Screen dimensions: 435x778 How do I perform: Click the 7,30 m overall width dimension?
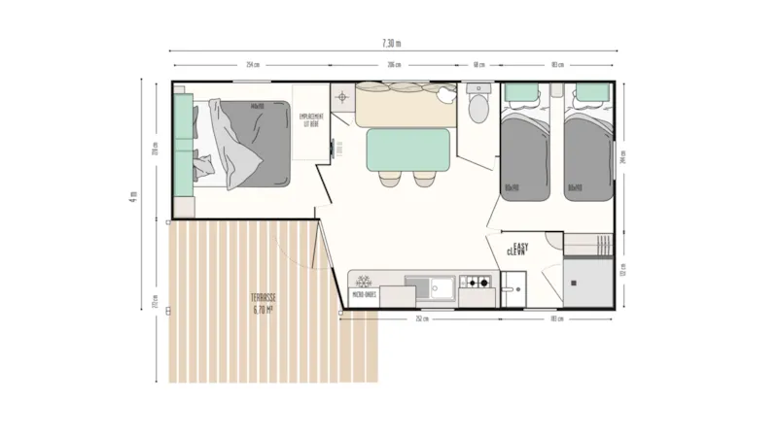[391, 44]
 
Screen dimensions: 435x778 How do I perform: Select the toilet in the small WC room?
[478, 107]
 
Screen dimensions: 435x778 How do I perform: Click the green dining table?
[407, 150]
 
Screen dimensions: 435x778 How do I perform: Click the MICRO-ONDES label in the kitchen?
[365, 295]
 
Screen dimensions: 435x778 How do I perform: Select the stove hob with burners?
[477, 284]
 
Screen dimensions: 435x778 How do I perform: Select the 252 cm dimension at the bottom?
[421, 318]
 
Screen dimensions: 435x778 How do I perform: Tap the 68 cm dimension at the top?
[478, 65]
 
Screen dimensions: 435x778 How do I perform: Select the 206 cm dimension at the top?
[394, 65]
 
